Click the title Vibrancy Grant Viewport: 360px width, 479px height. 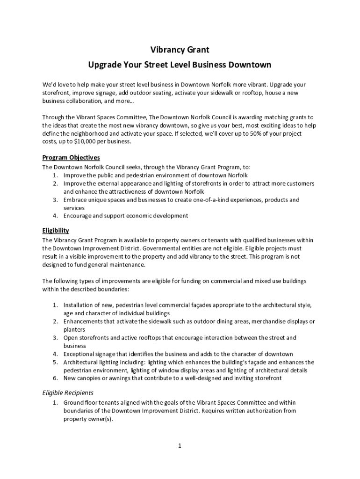(180, 49)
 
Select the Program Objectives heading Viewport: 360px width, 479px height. (71, 158)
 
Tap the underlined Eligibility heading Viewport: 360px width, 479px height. (56, 231)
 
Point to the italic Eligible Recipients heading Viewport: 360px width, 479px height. (68, 393)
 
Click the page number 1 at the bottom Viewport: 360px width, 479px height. (180, 446)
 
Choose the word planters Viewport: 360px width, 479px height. (74, 329)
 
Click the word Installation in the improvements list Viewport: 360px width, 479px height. (80, 305)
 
